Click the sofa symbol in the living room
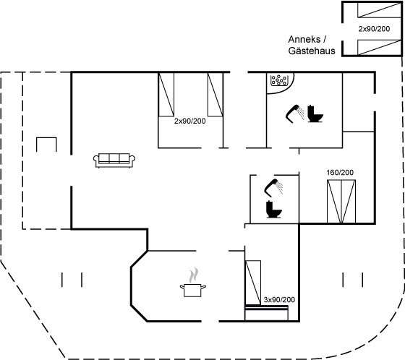coord(114,160)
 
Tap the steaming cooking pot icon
coord(193,284)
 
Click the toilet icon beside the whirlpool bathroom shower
coord(315,113)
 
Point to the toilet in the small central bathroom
coord(274,209)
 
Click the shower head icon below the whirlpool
coord(295,113)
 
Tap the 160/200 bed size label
coord(340,172)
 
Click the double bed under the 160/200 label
coord(341,202)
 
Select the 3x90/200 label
coord(279,299)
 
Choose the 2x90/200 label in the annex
coord(374,29)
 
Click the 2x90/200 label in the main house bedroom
coord(189,121)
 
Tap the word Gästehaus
coord(312,51)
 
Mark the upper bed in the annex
coord(379,10)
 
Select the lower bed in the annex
coord(379,48)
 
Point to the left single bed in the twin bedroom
coord(166,95)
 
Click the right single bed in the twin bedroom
coord(216,95)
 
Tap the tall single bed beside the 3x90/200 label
coord(253,283)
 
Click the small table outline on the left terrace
coord(46,138)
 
